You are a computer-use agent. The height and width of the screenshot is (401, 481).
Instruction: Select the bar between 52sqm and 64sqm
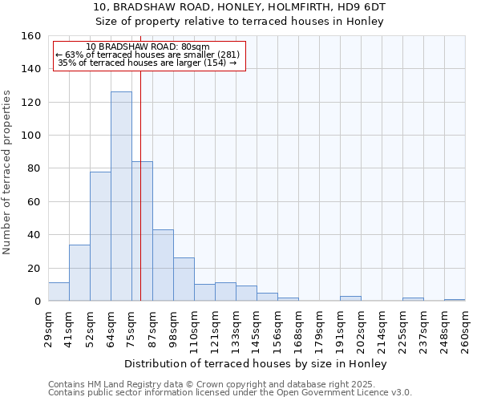(100, 237)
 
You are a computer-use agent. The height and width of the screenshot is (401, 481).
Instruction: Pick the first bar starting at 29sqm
(59, 292)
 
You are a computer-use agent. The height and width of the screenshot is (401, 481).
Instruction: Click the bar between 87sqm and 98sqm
(163, 265)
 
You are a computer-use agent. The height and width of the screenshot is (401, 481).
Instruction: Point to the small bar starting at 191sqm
(350, 299)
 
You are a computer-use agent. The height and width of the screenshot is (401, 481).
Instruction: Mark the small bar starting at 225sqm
(413, 299)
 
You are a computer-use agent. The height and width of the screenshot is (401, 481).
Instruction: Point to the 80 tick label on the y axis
(33, 168)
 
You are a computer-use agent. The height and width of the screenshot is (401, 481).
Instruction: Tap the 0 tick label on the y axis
(36, 302)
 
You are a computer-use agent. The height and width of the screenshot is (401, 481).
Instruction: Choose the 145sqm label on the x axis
(257, 326)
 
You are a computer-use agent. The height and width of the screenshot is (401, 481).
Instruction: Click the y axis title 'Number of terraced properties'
(7, 172)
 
